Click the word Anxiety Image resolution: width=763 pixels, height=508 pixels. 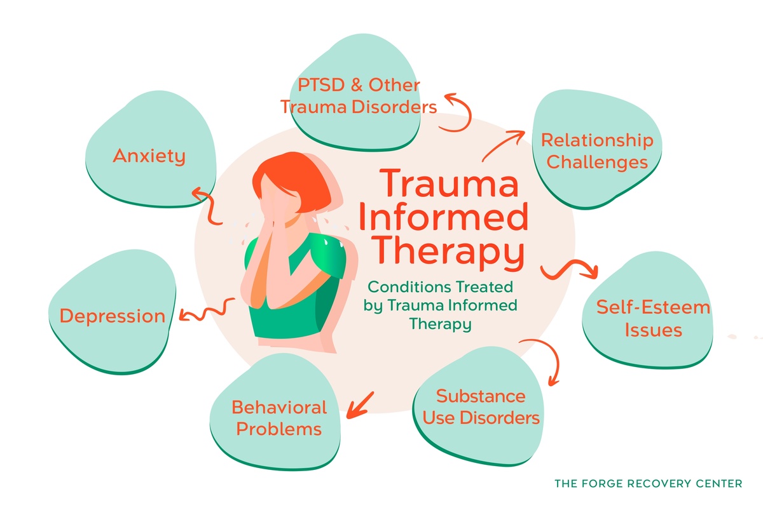point(149,156)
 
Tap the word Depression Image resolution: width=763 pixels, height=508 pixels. point(113,316)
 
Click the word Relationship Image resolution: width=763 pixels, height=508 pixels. point(596,140)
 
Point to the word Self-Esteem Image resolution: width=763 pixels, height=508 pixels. point(643,307)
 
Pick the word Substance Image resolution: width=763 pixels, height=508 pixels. point(481,396)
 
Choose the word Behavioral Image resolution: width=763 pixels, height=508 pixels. point(278,407)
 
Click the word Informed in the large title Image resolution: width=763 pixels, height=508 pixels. point(443,218)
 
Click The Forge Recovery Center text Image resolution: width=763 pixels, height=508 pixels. point(648,484)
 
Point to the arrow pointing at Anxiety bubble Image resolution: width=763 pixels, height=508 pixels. point(204,203)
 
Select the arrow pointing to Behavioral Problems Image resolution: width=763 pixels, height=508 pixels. point(359,404)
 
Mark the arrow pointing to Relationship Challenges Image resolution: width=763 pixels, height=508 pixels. point(504,145)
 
